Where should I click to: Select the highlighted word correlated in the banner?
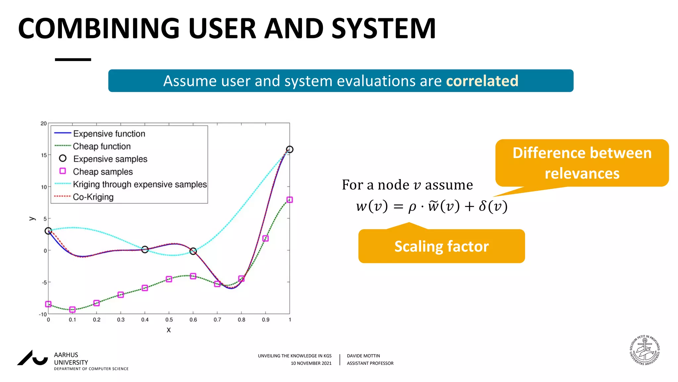(x=482, y=81)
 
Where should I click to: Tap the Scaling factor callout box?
(x=441, y=246)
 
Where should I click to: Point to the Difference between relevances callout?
(x=582, y=163)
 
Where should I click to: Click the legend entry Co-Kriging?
(x=93, y=197)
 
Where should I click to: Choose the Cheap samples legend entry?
(x=103, y=171)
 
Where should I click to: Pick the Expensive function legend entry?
(x=109, y=134)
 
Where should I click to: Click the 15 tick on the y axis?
(x=44, y=155)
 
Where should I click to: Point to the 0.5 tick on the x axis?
(x=169, y=320)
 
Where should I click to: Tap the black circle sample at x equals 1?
(x=289, y=150)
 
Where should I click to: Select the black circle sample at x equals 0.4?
(x=145, y=249)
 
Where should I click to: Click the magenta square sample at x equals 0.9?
(x=265, y=238)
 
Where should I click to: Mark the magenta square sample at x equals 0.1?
(x=72, y=309)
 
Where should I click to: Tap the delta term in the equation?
(x=493, y=206)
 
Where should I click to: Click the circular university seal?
(x=644, y=350)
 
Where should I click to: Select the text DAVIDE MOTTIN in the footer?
(x=363, y=356)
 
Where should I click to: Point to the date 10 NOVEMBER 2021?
(x=311, y=363)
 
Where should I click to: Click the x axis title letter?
(x=169, y=330)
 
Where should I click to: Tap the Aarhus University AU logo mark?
(x=33, y=358)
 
